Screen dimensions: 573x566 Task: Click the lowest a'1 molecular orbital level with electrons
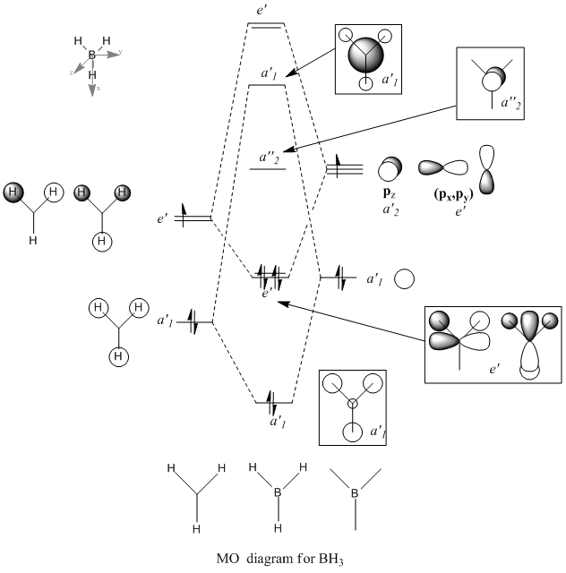click(x=272, y=400)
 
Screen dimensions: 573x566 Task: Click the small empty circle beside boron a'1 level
click(x=404, y=278)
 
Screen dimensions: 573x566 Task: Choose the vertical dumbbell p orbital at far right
click(x=488, y=168)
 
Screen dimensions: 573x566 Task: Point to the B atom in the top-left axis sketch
click(x=92, y=56)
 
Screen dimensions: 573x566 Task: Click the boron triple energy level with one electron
click(x=344, y=168)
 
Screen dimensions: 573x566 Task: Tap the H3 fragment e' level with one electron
click(x=195, y=216)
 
